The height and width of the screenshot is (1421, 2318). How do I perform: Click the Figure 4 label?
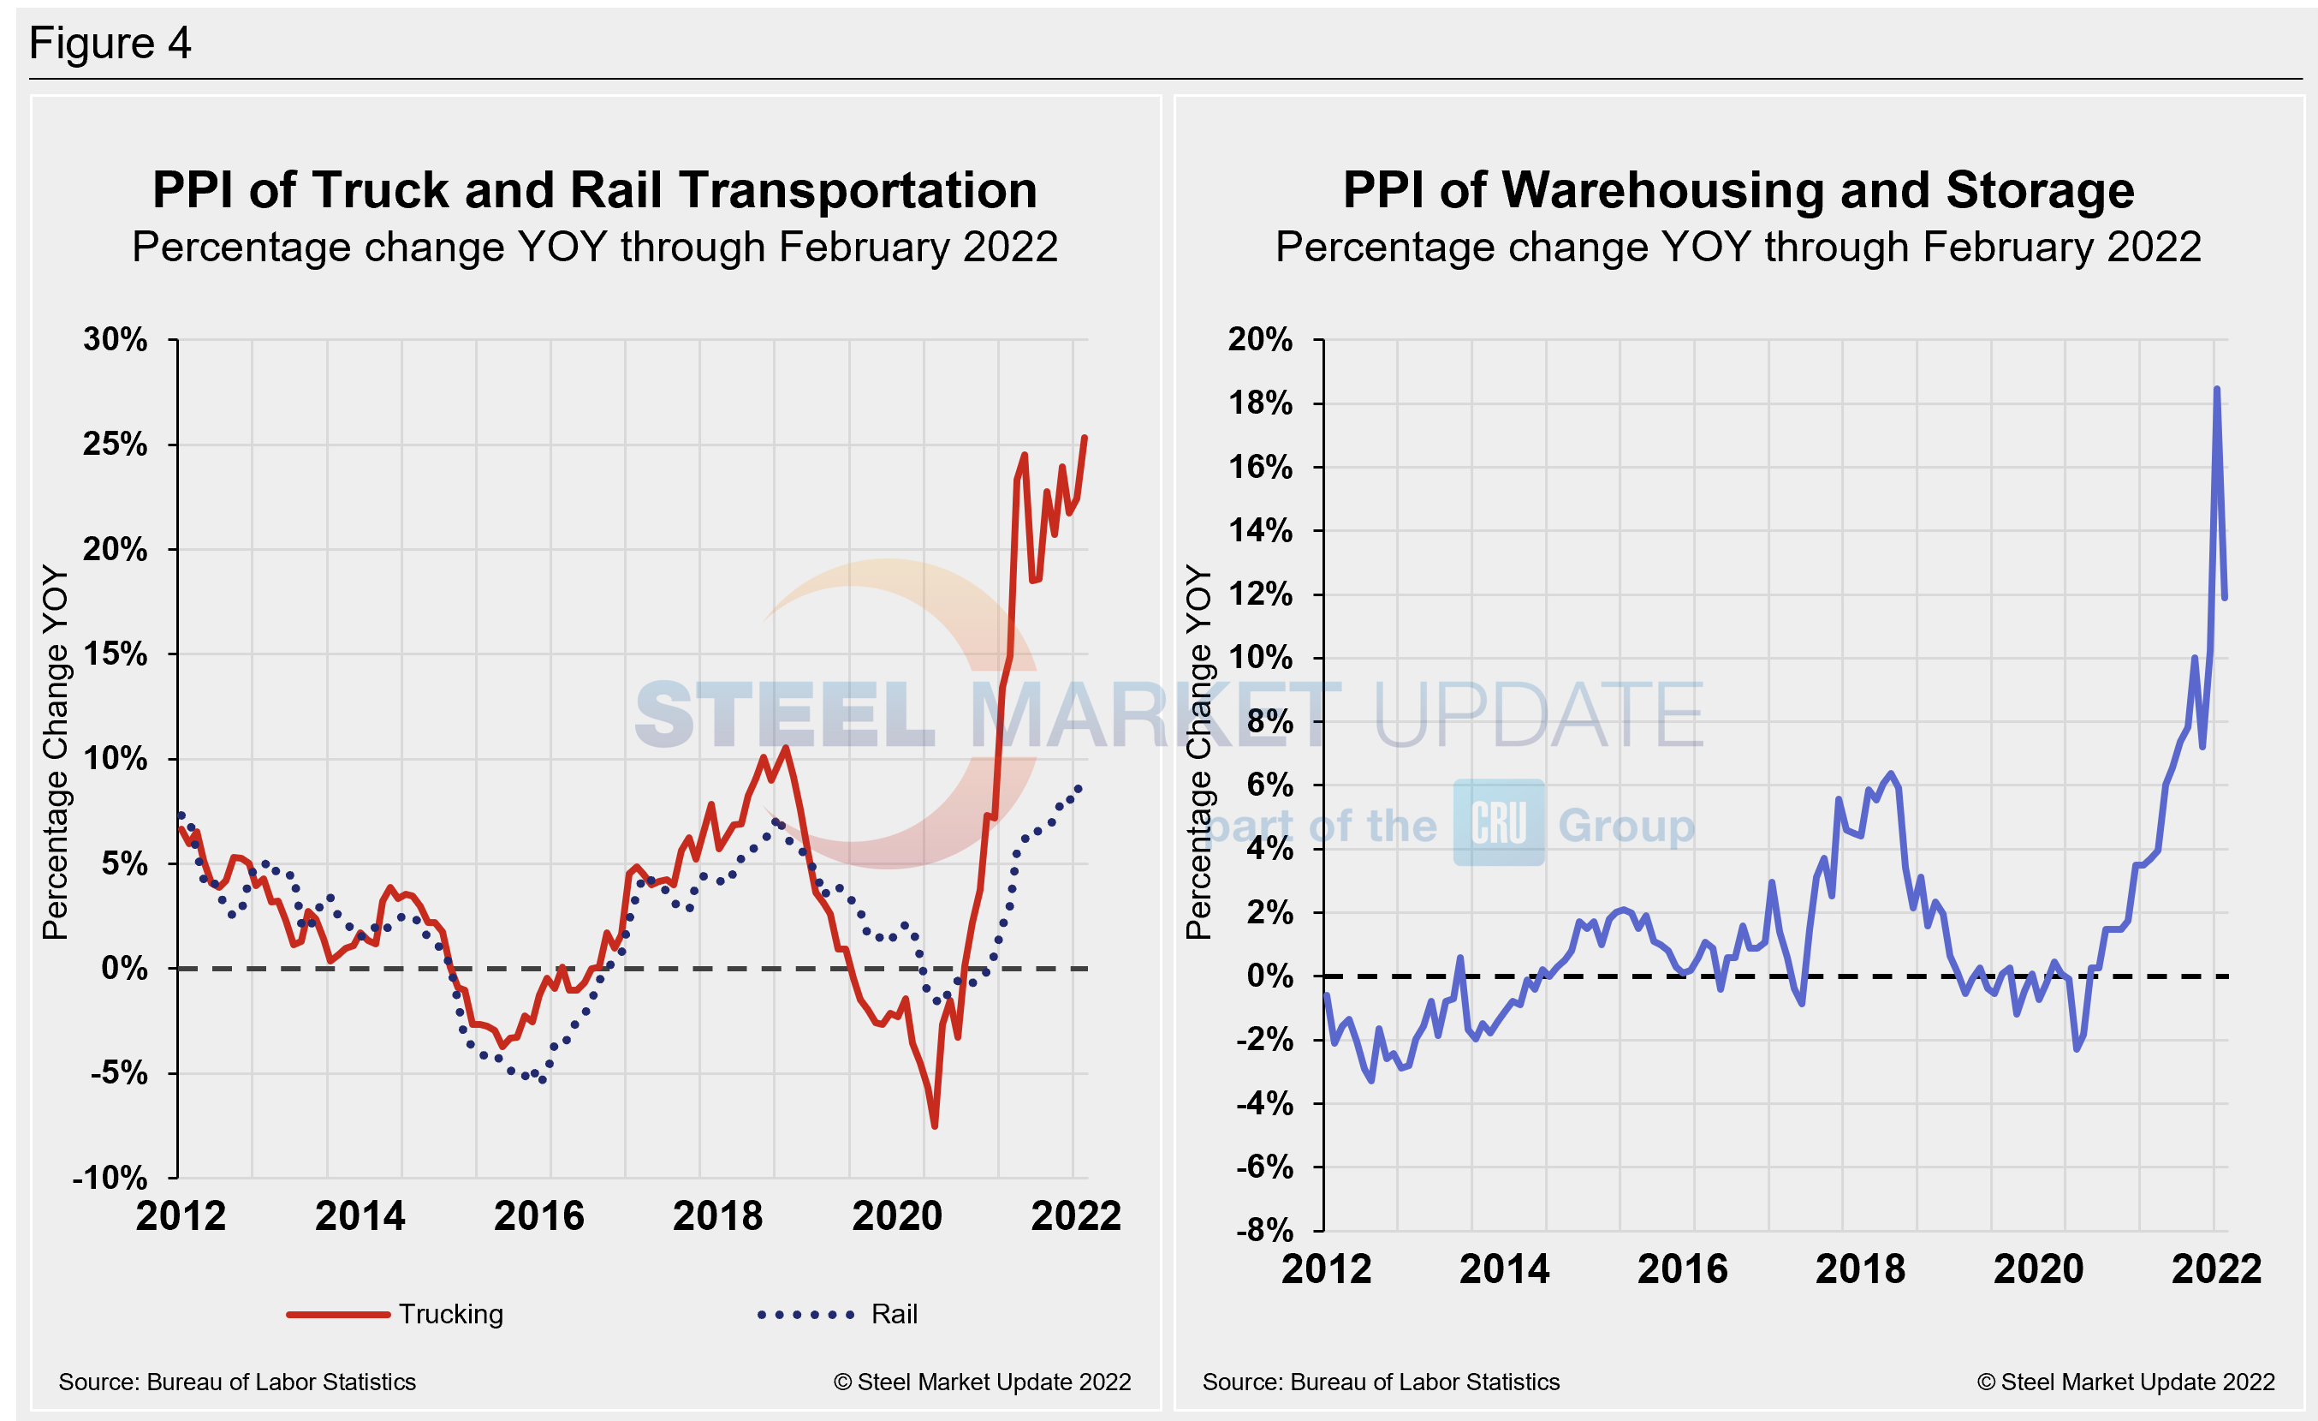pos(110,44)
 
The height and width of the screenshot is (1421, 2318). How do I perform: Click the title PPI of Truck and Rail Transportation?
pos(595,190)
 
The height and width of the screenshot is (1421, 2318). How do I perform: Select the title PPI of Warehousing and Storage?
pos(1738,190)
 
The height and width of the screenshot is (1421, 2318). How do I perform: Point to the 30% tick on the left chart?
pos(116,340)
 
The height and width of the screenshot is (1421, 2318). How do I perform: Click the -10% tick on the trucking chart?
pos(110,1177)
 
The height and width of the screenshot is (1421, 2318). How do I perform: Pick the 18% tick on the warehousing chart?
pos(1260,403)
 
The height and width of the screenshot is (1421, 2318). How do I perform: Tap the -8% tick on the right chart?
pos(1264,1230)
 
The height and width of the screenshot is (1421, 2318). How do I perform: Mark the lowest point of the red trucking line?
pos(934,1125)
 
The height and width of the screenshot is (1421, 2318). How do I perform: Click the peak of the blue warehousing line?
pos(2216,389)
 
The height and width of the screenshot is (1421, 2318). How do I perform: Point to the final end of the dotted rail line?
pos(1079,788)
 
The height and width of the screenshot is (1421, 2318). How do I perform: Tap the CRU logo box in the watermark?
pos(1498,822)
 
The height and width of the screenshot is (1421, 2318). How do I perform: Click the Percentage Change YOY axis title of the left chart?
pos(56,752)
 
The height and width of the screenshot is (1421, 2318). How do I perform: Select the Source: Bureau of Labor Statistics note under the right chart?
pos(1380,1382)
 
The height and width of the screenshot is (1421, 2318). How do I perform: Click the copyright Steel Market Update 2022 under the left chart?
pos(981,1382)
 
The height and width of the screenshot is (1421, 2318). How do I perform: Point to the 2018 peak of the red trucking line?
pos(787,748)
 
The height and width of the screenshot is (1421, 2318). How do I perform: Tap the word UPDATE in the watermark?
pos(1537,715)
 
